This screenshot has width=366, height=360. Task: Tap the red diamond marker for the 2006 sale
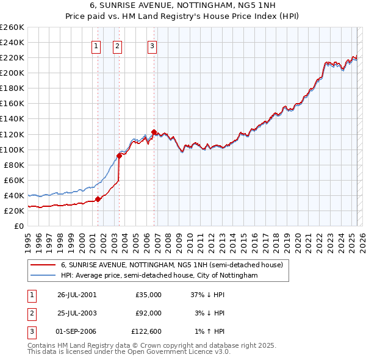click(154, 132)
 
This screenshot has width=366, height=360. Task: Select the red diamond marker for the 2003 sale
click(120, 156)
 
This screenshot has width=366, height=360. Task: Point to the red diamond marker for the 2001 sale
click(98, 199)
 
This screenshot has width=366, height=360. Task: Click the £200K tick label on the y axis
click(12, 73)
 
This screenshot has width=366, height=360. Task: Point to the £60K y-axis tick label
click(13, 180)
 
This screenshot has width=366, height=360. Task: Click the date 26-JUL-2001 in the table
click(77, 295)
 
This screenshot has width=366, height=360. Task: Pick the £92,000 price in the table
click(148, 313)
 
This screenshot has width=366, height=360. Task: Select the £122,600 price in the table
click(146, 331)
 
